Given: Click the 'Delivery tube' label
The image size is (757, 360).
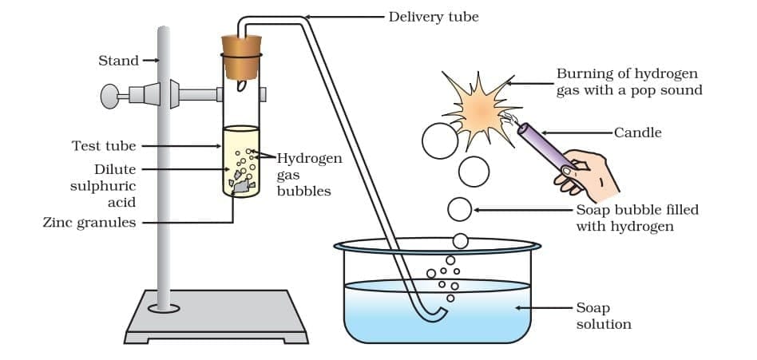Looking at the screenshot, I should click(433, 16).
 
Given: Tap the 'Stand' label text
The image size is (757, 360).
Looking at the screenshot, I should click(118, 61).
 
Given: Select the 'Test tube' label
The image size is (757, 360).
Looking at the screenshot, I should click(104, 146).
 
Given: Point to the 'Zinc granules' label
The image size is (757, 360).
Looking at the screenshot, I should click(89, 223).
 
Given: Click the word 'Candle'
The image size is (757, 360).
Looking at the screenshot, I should click(637, 133).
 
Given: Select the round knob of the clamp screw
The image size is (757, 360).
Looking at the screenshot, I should click(109, 96).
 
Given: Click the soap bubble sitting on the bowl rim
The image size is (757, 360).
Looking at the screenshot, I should click(460, 240).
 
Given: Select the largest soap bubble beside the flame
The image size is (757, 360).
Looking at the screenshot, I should click(439, 141).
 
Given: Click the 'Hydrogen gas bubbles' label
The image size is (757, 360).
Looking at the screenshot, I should click(308, 174).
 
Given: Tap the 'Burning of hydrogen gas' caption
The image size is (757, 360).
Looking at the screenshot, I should click(628, 81).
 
